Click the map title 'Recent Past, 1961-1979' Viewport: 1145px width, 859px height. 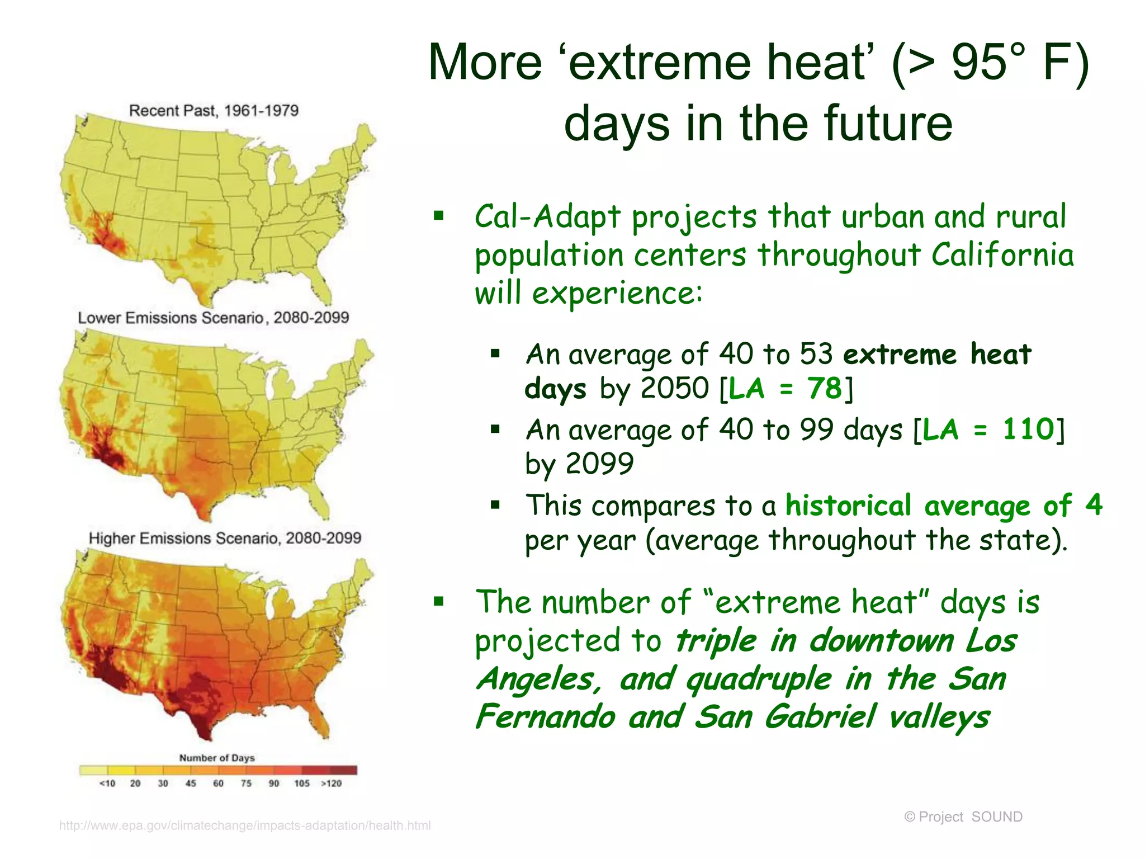(214, 110)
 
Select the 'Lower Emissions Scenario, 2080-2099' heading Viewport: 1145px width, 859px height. (213, 318)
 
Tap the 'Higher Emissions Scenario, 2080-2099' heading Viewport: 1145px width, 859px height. (225, 538)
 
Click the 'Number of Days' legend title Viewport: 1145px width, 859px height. (217, 758)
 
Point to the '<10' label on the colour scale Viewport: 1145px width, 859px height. (107, 784)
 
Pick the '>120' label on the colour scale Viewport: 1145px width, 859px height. (331, 784)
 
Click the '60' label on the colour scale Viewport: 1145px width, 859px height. (218, 784)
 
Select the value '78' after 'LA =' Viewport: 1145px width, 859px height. (824, 388)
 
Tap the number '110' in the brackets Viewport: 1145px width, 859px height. (1028, 429)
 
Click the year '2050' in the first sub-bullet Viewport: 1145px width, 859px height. (675, 388)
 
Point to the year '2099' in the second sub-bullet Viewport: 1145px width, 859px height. (599, 464)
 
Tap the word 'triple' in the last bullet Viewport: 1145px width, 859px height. (715, 641)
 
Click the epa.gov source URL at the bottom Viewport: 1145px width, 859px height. (245, 825)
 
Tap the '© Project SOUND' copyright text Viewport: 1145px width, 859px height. (963, 817)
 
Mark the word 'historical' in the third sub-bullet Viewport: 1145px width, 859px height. (848, 506)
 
